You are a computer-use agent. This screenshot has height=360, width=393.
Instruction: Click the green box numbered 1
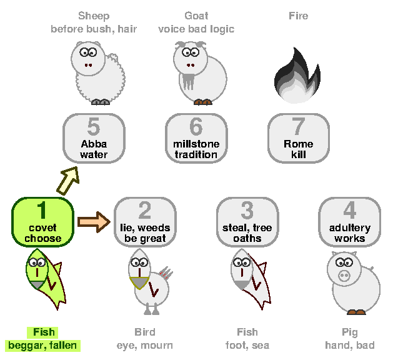(x=43, y=222)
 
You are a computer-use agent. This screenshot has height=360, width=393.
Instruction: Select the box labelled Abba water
(x=94, y=138)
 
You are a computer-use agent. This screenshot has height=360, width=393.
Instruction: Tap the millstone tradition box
(x=196, y=138)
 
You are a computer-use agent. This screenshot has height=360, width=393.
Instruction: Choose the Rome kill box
(x=299, y=138)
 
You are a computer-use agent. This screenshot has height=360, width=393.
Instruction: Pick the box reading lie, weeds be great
(x=145, y=222)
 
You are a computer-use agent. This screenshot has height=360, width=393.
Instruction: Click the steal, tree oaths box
(x=247, y=222)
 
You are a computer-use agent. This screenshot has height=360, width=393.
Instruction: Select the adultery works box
(x=350, y=222)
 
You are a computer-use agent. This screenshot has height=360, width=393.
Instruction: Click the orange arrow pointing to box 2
(x=94, y=222)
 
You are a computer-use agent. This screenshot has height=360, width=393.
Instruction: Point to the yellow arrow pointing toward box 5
(x=68, y=181)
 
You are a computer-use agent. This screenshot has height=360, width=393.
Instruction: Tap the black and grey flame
(x=297, y=75)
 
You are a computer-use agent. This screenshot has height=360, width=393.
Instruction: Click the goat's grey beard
(x=189, y=81)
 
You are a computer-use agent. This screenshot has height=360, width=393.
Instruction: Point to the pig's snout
(x=344, y=276)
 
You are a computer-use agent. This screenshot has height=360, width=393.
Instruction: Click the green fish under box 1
(x=46, y=279)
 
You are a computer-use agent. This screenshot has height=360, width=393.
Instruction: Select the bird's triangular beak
(x=139, y=282)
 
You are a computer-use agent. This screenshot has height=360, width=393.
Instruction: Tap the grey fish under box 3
(x=250, y=279)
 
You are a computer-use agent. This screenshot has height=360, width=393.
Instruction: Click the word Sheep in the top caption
(x=94, y=16)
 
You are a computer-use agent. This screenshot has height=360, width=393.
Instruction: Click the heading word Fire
(x=298, y=16)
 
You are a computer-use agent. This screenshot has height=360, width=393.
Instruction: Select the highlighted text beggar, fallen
(x=42, y=346)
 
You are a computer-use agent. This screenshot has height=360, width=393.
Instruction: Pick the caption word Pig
(x=350, y=332)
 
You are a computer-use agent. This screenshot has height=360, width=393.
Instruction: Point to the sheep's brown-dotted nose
(x=88, y=66)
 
